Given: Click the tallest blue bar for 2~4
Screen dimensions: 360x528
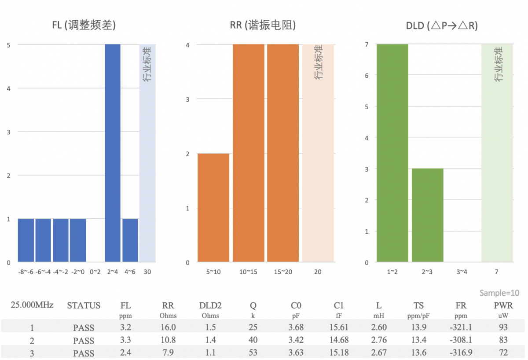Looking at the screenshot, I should coord(113,153).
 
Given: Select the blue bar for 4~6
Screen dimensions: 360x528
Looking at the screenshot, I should coord(130,240).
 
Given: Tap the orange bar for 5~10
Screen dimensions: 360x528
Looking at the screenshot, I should coord(213,208).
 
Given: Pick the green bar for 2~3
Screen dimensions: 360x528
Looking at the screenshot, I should coord(427,215).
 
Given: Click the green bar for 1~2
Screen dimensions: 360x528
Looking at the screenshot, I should coord(392,153).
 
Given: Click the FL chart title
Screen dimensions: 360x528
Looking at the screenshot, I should coord(84,26).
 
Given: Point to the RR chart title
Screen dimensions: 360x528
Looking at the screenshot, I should coord(263,26).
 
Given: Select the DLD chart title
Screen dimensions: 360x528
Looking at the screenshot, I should coord(442,26).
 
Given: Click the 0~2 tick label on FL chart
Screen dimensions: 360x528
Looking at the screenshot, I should coord(95,272).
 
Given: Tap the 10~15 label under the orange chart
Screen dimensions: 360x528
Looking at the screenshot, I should coord(248,272).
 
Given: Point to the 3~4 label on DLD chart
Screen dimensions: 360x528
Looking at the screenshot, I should coord(462,272).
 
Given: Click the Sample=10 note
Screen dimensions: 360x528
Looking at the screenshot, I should coord(499,293).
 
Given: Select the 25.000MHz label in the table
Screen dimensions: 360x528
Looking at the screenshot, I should coord(32,305).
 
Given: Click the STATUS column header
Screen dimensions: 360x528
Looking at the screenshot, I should coord(84,305).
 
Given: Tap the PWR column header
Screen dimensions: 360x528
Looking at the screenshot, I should coord(503,305).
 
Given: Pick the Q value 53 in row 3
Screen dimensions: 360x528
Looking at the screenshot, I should coord(253,353).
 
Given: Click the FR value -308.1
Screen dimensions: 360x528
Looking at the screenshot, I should coord(461,340).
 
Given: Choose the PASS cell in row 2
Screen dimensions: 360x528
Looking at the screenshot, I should coord(84,340).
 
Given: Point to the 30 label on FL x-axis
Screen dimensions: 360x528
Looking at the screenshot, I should coord(147,272).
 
